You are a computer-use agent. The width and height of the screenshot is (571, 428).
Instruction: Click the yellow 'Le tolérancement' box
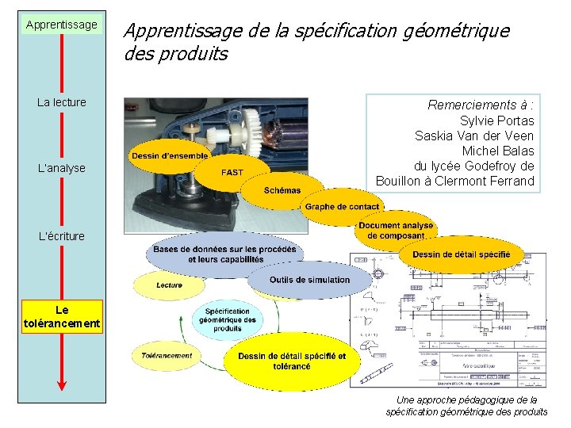click(x=62, y=317)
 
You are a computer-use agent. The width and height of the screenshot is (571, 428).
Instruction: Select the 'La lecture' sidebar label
click(x=62, y=102)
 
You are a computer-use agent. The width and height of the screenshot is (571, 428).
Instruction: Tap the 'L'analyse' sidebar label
click(x=62, y=168)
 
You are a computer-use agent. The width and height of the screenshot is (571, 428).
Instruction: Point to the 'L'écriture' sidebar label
click(x=62, y=235)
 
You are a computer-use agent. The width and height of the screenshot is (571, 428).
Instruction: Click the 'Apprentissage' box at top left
click(x=62, y=25)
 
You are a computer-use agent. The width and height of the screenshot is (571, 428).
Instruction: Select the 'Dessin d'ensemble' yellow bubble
click(x=170, y=156)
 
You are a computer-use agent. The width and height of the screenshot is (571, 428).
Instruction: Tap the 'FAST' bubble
click(x=232, y=172)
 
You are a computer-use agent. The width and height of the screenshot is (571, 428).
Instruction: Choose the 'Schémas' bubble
click(x=282, y=190)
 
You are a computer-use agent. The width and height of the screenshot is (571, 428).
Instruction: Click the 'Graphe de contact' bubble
click(x=342, y=207)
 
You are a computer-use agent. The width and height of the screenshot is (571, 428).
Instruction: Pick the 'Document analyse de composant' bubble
click(x=396, y=231)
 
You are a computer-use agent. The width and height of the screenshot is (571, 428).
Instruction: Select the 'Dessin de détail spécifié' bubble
click(x=461, y=254)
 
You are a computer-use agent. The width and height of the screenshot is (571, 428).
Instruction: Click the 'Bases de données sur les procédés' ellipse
click(x=225, y=254)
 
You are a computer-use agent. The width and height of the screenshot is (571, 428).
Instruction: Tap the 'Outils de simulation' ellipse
click(x=309, y=280)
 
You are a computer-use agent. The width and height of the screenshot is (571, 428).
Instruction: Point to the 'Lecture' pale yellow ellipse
click(x=170, y=285)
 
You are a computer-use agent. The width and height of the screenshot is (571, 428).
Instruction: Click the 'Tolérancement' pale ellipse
click(x=167, y=356)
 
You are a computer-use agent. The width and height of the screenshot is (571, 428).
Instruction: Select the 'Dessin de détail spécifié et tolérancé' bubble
click(x=291, y=361)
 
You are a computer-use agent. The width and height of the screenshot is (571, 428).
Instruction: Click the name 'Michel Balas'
click(x=497, y=151)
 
